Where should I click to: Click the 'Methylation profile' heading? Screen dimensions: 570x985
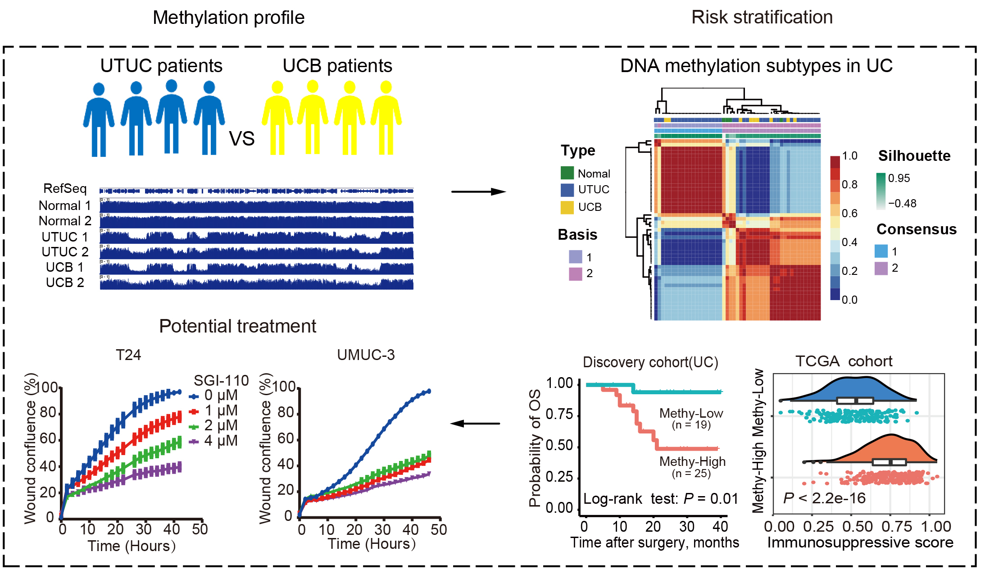pyautogui.click(x=228, y=18)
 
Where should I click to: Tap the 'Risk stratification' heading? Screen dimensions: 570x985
pyautogui.click(x=762, y=18)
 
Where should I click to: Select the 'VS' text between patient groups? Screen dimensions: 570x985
pyautogui.click(x=242, y=139)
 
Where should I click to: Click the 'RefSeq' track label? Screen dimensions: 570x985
pyautogui.click(x=65, y=188)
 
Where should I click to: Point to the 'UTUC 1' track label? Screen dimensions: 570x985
pyautogui.click(x=65, y=237)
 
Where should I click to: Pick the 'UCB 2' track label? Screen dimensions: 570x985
pyautogui.click(x=65, y=283)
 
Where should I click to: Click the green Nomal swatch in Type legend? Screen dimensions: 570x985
pyautogui.click(x=567, y=173)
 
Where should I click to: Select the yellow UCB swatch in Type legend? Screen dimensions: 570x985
pyautogui.click(x=567, y=207)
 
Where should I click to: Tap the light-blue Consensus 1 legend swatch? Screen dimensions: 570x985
pyautogui.click(x=881, y=251)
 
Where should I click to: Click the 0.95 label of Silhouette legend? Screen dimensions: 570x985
pyautogui.click(x=899, y=178)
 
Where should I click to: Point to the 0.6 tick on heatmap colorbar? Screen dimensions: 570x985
pyautogui.click(x=849, y=213)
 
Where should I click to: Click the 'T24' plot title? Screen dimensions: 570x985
pyautogui.click(x=128, y=355)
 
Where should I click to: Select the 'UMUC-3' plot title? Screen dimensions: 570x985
pyautogui.click(x=366, y=355)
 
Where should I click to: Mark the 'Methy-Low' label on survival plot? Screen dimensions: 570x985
pyautogui.click(x=691, y=413)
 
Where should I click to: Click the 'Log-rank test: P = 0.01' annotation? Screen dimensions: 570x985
pyautogui.click(x=660, y=499)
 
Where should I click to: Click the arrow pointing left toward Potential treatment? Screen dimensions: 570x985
pyautogui.click(x=475, y=424)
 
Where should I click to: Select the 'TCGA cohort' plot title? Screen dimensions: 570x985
pyautogui.click(x=844, y=361)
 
